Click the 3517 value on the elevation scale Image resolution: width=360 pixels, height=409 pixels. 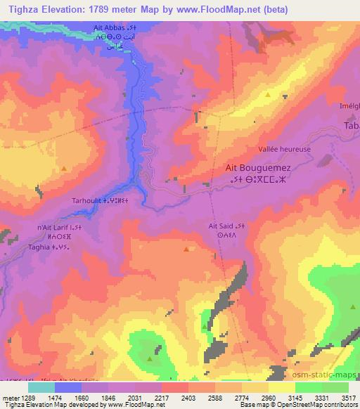coord(339,398)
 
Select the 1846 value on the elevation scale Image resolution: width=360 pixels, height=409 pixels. coord(105,398)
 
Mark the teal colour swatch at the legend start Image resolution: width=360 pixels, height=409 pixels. coord(41,387)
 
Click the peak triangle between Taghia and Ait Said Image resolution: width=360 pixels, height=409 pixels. coord(186,249)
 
